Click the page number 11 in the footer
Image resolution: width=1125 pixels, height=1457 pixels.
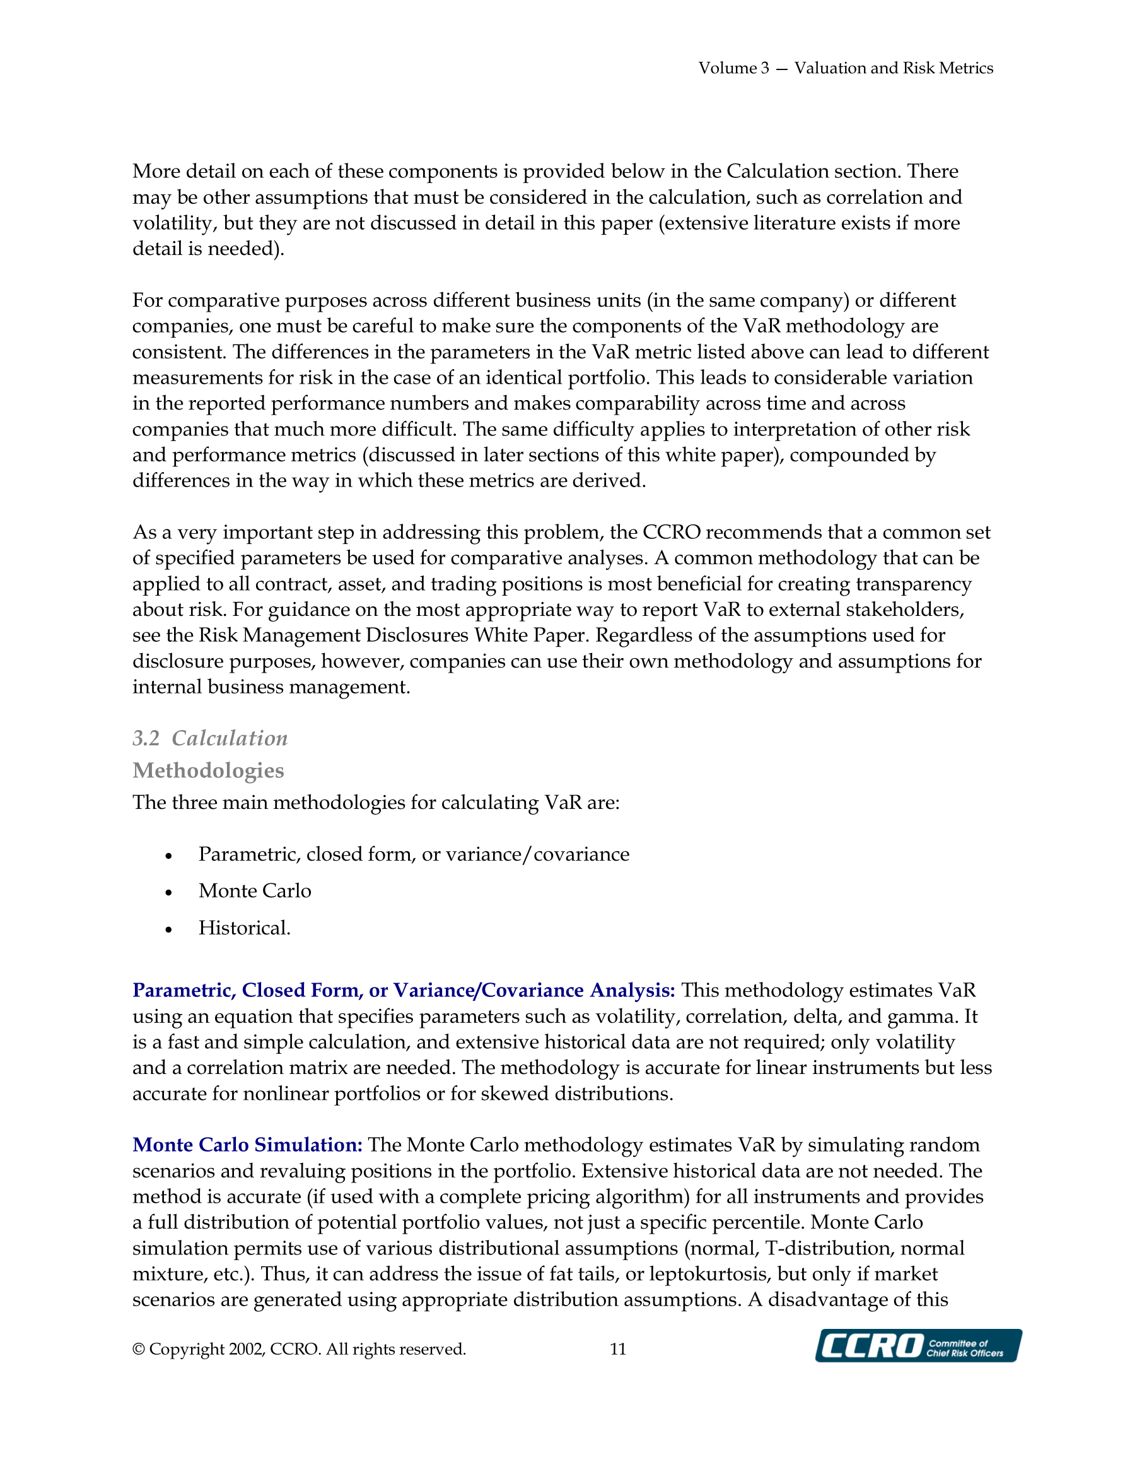pyautogui.click(x=617, y=1349)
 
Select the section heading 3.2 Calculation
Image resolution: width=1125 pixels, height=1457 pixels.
pyautogui.click(x=210, y=738)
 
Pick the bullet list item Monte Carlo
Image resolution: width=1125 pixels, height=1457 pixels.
pyautogui.click(x=255, y=890)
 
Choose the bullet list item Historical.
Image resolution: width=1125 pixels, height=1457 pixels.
pyautogui.click(x=244, y=928)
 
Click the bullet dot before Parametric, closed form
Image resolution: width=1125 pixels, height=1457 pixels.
pyautogui.click(x=169, y=856)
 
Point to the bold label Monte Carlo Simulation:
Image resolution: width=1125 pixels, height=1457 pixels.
pyautogui.click(x=247, y=1145)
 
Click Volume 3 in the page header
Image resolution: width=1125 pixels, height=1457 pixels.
pyautogui.click(x=733, y=68)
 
